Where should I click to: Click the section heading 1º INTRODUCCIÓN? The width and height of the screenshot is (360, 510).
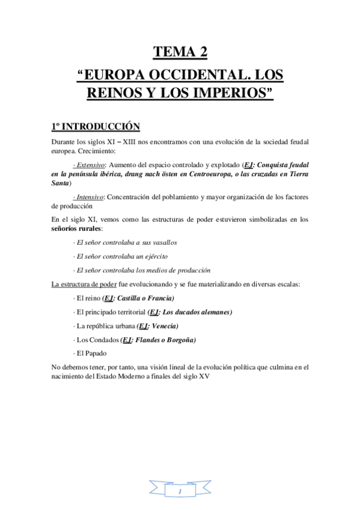(96, 127)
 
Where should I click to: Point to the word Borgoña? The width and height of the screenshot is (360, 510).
(182, 340)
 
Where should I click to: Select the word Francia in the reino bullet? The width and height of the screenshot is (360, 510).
(160, 298)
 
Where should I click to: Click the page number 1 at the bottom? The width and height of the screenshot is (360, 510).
(180, 492)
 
